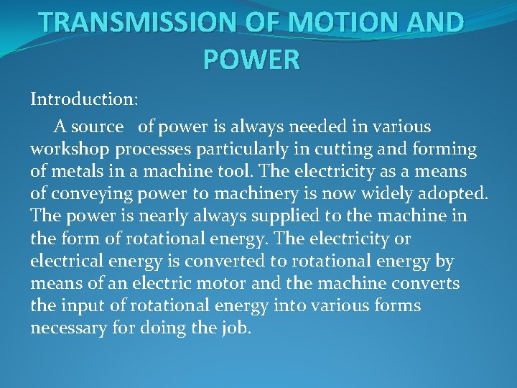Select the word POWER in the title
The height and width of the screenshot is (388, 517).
coord(251,60)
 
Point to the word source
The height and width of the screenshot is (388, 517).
coord(98,126)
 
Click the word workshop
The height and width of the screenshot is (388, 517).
coord(64,149)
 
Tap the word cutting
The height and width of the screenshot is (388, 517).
coord(338,149)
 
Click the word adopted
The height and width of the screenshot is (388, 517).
coord(454,194)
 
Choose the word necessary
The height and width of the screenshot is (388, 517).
coord(64,328)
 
